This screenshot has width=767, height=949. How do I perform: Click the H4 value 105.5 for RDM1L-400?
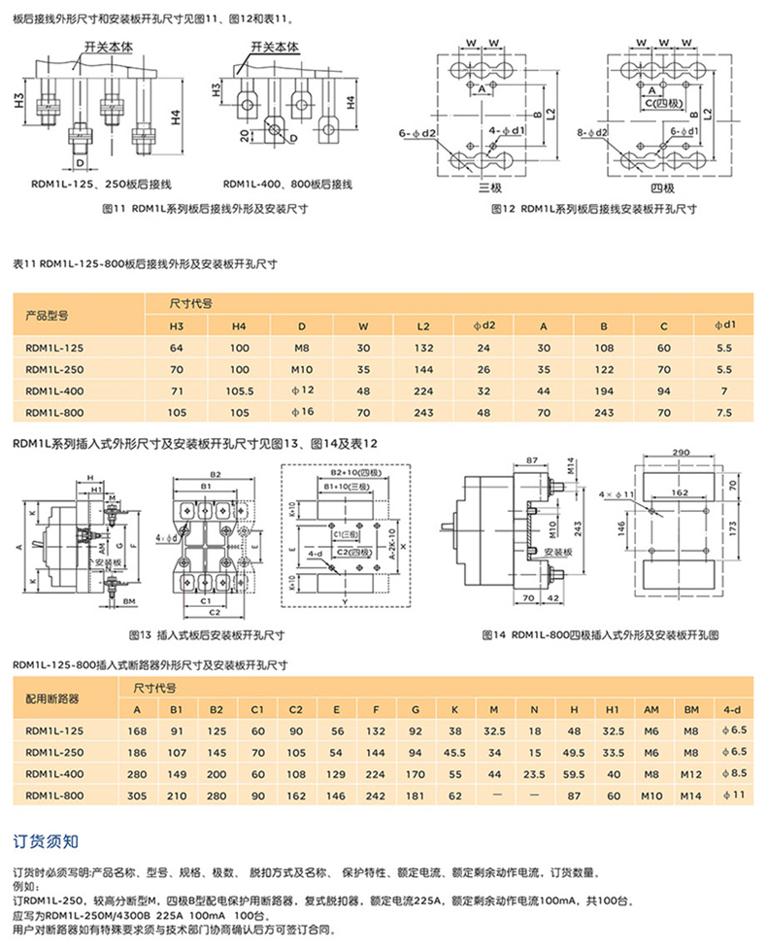239,390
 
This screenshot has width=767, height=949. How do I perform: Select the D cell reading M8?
302,348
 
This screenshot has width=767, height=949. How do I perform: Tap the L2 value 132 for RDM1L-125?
422,348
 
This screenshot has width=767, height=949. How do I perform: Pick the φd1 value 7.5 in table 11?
722,412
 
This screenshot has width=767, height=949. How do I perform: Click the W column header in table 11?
362,326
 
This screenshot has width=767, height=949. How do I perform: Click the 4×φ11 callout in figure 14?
615,494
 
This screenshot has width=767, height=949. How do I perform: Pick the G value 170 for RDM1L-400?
415,773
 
